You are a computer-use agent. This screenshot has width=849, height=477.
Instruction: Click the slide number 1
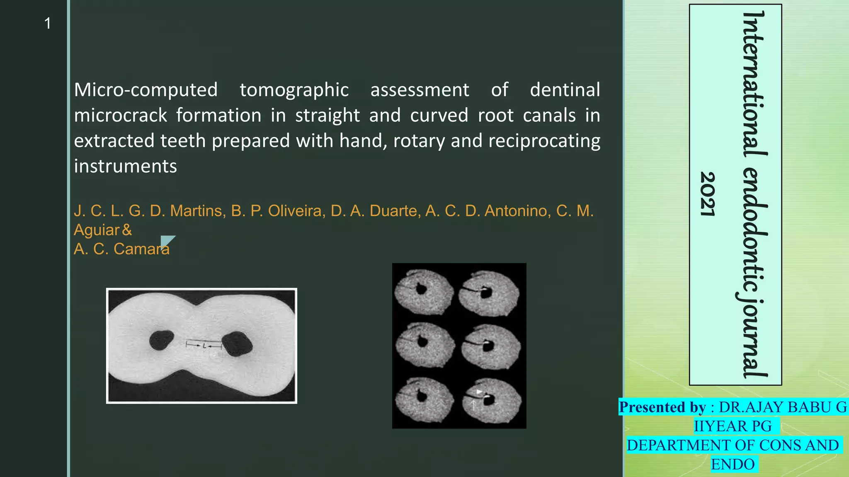point(48,24)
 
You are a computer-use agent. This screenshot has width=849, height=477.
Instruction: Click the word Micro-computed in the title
point(146,90)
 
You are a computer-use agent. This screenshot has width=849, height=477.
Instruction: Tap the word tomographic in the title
point(294,90)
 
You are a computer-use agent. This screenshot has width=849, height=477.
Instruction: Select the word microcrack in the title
point(120,116)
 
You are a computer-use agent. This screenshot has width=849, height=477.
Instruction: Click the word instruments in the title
point(125,166)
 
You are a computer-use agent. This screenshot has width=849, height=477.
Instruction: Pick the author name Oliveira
point(296,211)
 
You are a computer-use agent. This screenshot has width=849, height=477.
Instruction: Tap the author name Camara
point(141,249)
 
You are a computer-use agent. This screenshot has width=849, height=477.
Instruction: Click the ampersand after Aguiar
point(127,230)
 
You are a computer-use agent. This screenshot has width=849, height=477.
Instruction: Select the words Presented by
point(662,407)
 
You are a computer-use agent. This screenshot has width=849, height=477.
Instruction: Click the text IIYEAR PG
point(733,426)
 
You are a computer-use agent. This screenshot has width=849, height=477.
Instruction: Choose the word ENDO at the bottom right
point(733,464)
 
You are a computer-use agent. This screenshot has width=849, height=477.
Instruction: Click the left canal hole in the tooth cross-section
point(161,340)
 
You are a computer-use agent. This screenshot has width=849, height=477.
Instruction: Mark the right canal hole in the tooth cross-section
point(237,343)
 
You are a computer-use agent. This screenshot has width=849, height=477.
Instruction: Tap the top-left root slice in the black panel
point(423,291)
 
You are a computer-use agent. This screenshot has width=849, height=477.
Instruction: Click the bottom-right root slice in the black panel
point(490,401)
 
